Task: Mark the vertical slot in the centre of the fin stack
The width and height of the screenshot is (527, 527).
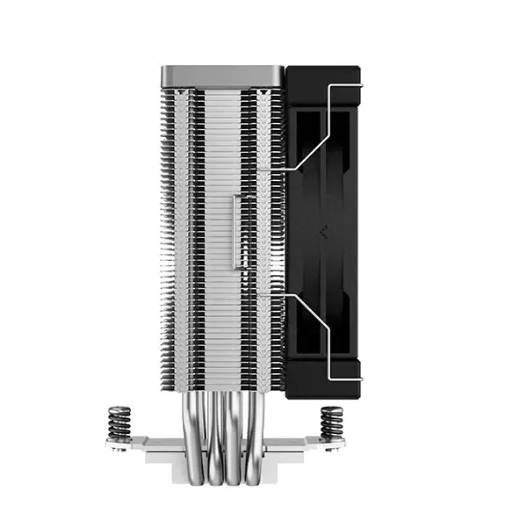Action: point(236,232)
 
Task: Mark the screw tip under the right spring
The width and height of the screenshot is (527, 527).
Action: point(333,450)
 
